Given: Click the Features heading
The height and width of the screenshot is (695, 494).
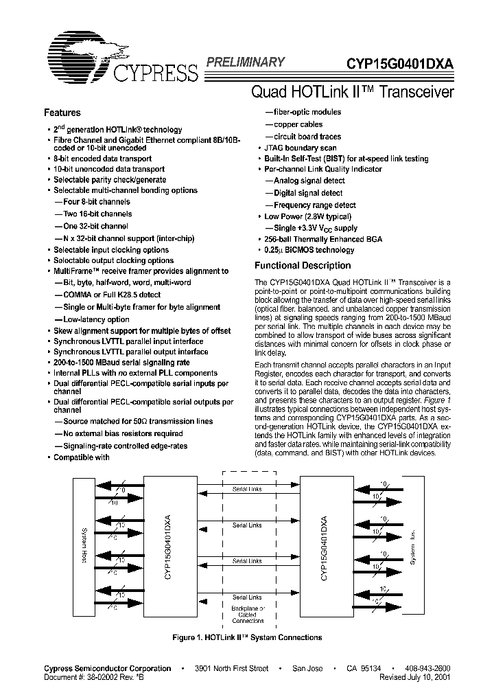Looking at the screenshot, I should (x=62, y=113).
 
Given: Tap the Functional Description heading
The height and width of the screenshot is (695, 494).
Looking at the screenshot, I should (x=303, y=265).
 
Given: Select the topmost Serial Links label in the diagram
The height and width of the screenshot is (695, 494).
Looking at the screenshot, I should (x=247, y=488).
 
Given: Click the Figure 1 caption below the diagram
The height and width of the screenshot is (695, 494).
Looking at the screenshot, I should (x=247, y=638).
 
